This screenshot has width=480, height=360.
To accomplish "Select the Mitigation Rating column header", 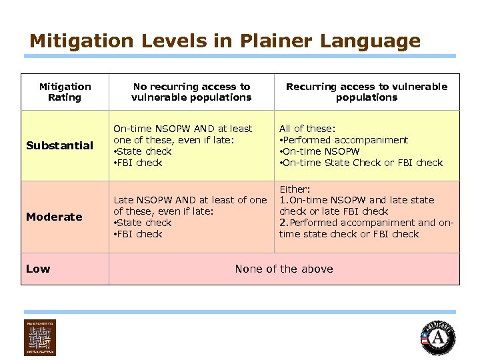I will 65,92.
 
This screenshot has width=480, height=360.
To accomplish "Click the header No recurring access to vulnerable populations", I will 191,92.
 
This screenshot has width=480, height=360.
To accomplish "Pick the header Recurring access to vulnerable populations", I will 367,92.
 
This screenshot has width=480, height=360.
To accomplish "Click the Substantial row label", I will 59,145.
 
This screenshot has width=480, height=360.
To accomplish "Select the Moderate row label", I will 54,217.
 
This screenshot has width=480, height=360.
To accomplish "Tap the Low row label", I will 38,269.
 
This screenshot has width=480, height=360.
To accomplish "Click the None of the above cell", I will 284,269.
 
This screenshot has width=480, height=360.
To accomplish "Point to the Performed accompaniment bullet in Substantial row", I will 345,140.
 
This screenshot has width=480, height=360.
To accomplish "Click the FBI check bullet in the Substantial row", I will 140,163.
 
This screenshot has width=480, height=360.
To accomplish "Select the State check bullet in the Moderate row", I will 144,223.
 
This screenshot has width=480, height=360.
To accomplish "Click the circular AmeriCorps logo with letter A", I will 439,337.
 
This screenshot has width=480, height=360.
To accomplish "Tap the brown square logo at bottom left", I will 40,337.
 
